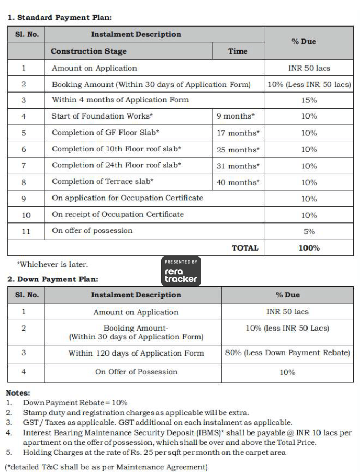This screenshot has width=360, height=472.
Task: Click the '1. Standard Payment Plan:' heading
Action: [x=60, y=17]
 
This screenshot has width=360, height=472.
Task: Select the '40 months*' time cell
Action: [x=237, y=182]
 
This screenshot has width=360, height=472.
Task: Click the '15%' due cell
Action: [x=309, y=100]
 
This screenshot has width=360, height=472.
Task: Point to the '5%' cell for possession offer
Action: [x=309, y=231]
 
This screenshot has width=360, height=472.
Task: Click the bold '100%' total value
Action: [x=309, y=248]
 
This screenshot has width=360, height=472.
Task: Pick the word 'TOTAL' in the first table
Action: [x=245, y=248]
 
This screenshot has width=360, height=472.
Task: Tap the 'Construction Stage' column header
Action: [x=89, y=51]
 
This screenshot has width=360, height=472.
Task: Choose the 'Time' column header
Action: [x=237, y=51]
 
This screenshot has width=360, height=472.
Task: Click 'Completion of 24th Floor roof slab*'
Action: [x=116, y=165]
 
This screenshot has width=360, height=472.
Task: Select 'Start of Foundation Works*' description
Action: [x=102, y=116]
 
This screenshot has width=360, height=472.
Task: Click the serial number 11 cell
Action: [x=25, y=231]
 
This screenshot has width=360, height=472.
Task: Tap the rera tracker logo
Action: [x=181, y=271]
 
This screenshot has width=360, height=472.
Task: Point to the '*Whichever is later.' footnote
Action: [x=52, y=265]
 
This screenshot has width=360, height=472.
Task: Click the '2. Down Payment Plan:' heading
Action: [x=52, y=279]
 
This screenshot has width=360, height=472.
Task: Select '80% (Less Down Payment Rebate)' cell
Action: [x=287, y=353]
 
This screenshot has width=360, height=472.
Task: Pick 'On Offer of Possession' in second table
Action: [x=136, y=372]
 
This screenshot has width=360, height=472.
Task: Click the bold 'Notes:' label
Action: [x=18, y=393]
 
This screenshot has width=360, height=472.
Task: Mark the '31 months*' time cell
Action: [x=237, y=166]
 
